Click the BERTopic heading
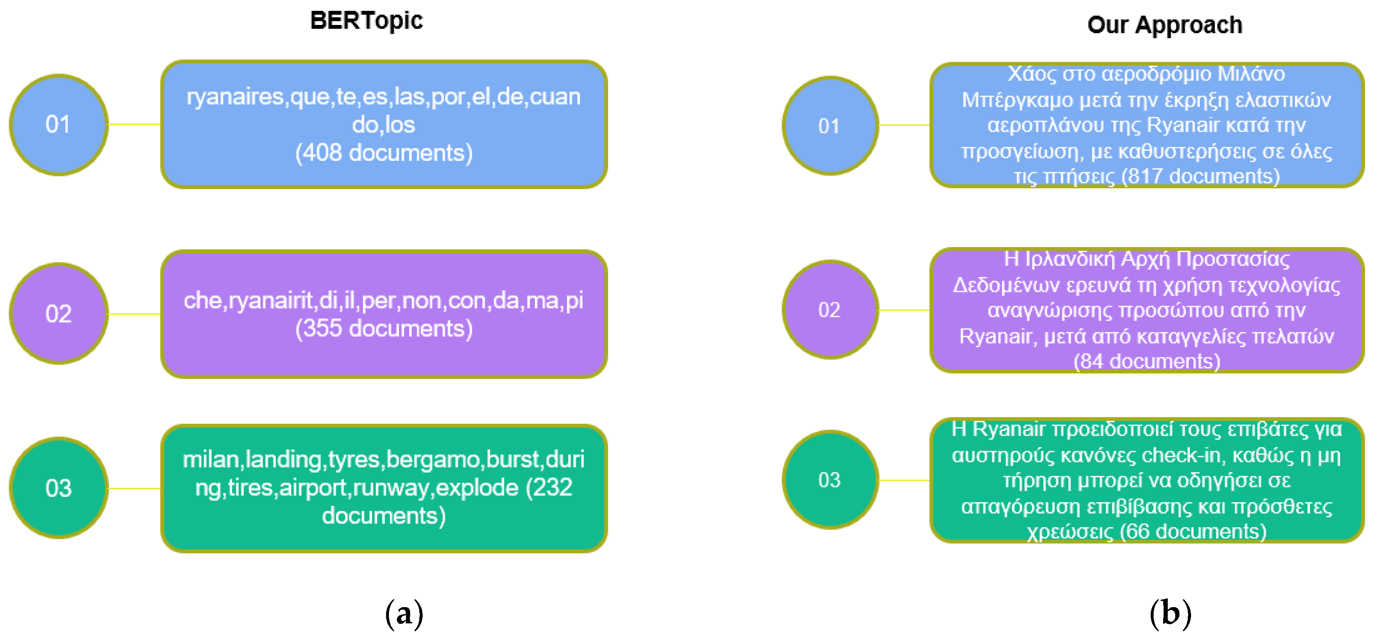[366, 21]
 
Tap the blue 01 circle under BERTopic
[59, 124]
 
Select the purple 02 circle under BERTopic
[59, 314]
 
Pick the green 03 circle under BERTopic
[59, 488]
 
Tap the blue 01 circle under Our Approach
[830, 126]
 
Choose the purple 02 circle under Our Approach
[830, 310]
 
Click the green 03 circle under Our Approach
[830, 480]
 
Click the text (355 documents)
[384, 329]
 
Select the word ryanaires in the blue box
[234, 97]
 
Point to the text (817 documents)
[1200, 176]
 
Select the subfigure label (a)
[404, 613]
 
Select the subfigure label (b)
[1170, 613]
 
